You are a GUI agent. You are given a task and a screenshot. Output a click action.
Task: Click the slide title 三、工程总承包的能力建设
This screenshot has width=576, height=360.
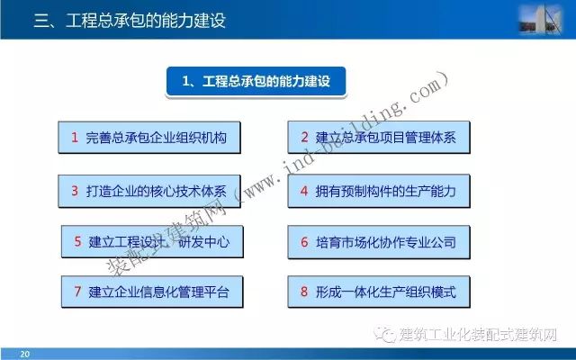coord(130,21)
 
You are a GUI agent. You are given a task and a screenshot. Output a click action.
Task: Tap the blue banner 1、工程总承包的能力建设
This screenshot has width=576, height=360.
coord(256,81)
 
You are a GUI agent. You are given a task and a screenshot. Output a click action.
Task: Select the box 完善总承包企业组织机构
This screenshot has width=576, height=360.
coord(149,138)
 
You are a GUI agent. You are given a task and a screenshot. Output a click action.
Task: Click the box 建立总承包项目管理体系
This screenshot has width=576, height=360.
coord(379,137)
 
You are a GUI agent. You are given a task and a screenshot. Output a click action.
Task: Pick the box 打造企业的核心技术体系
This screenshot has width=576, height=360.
coord(149,191)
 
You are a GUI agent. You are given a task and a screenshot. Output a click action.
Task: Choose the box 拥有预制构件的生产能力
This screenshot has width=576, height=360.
coord(379,191)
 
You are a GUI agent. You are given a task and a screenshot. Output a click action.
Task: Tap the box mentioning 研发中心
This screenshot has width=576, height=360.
coord(152,242)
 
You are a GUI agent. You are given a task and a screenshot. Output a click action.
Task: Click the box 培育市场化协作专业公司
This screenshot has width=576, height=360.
coord(379,242)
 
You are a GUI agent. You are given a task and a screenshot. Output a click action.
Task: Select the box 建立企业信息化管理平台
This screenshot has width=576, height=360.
coord(152,292)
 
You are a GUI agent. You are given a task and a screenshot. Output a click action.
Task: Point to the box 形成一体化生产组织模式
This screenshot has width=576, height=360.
coord(379,292)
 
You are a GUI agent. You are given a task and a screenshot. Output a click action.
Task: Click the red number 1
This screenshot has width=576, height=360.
coord(75,138)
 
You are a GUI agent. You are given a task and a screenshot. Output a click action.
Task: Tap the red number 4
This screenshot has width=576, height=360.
coord(304,191)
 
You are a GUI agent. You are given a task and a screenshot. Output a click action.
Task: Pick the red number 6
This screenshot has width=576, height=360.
coord(304,242)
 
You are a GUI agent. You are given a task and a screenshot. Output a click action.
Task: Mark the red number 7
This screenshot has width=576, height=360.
coord(77,292)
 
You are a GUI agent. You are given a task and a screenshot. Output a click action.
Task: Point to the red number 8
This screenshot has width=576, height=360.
coord(304,292)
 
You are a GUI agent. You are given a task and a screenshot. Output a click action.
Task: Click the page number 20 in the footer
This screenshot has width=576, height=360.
coord(24,354)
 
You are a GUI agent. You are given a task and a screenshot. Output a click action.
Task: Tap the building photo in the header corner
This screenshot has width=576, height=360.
coord(540,19)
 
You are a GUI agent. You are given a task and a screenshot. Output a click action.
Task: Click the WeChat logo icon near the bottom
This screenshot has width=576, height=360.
coord(385,334)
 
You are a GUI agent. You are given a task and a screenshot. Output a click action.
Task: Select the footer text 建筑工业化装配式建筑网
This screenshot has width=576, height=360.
coord(478,334)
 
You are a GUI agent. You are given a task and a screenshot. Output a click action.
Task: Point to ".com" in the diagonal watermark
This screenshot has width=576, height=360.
coord(427,91)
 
